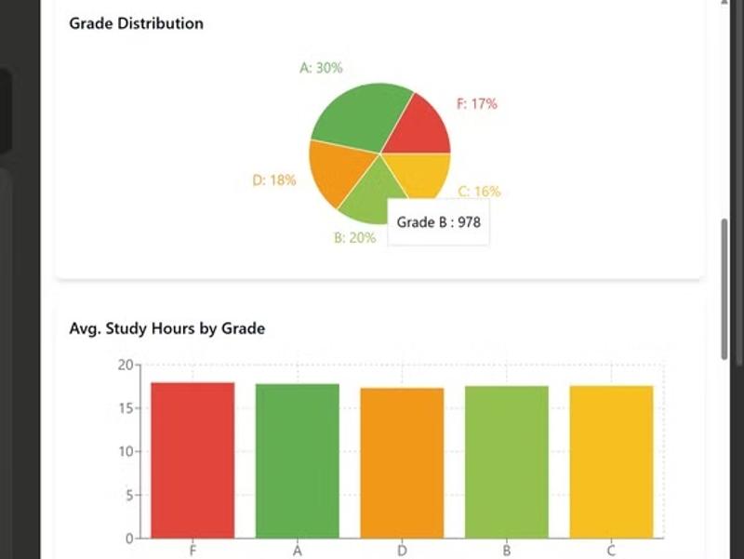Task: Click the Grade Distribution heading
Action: point(136,23)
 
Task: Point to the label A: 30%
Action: point(321,68)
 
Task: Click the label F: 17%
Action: point(476,104)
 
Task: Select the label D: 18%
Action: point(274,180)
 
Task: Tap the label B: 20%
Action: point(354,238)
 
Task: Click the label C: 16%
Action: point(479,192)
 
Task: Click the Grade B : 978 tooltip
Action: point(438,222)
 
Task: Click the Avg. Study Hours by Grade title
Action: point(167,328)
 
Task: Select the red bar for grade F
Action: point(193,460)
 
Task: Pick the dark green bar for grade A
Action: point(298,460)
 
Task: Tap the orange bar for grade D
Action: point(402,462)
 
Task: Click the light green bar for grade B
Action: point(507,461)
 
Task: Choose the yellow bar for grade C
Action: point(612,461)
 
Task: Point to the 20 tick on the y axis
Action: point(126,365)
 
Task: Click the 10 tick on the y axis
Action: point(126,451)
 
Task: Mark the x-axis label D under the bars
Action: point(402,551)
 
